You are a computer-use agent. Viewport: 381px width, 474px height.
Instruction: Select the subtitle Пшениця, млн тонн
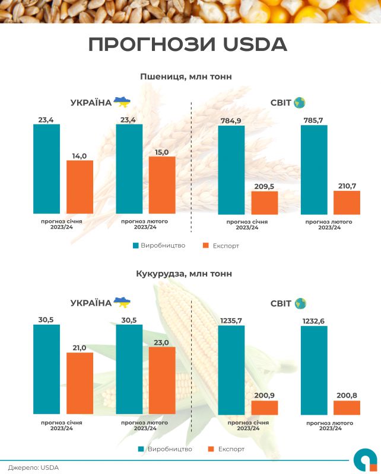(186, 76)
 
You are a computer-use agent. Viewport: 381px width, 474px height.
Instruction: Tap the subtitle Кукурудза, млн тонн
(185, 274)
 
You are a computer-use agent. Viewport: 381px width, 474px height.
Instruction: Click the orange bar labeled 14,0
(80, 187)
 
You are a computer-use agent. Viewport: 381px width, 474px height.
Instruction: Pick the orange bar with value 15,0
(162, 185)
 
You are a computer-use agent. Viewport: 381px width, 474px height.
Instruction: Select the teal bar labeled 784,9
(231, 169)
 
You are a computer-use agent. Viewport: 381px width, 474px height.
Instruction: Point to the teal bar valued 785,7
(314, 169)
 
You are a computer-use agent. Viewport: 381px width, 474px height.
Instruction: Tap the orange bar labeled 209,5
(264, 203)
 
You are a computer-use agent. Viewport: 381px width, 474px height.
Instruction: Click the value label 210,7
(347, 185)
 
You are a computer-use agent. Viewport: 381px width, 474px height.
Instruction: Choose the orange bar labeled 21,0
(80, 383)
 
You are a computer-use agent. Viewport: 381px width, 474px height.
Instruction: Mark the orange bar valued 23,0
(162, 380)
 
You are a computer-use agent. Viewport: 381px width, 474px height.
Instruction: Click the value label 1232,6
(314, 320)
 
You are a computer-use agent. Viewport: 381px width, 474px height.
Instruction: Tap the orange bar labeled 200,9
(264, 408)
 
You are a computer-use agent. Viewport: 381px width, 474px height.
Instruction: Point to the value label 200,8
(347, 395)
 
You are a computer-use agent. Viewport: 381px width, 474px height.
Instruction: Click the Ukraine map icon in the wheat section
(122, 102)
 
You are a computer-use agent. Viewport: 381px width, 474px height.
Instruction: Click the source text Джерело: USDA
(33, 467)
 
